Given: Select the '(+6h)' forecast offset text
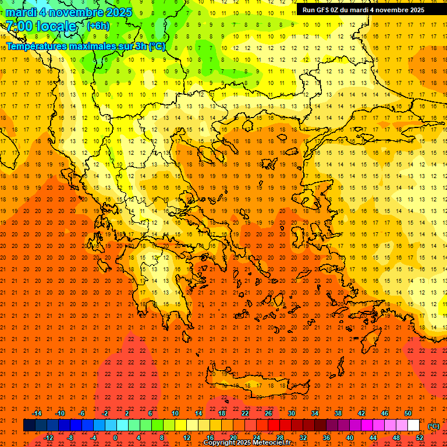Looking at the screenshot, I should [x=97, y=26].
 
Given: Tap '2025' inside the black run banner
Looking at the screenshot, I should [x=414, y=10].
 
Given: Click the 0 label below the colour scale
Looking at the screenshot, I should [x=116, y=438].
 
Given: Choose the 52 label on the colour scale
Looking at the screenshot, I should [x=419, y=438].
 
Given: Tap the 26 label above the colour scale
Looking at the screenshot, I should [x=268, y=413].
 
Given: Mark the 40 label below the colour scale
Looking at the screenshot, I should [x=349, y=438].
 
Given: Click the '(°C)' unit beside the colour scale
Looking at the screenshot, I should [x=434, y=426].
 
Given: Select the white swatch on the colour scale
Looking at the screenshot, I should [x=413, y=425].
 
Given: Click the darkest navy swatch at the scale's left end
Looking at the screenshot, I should [x=29, y=425].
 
